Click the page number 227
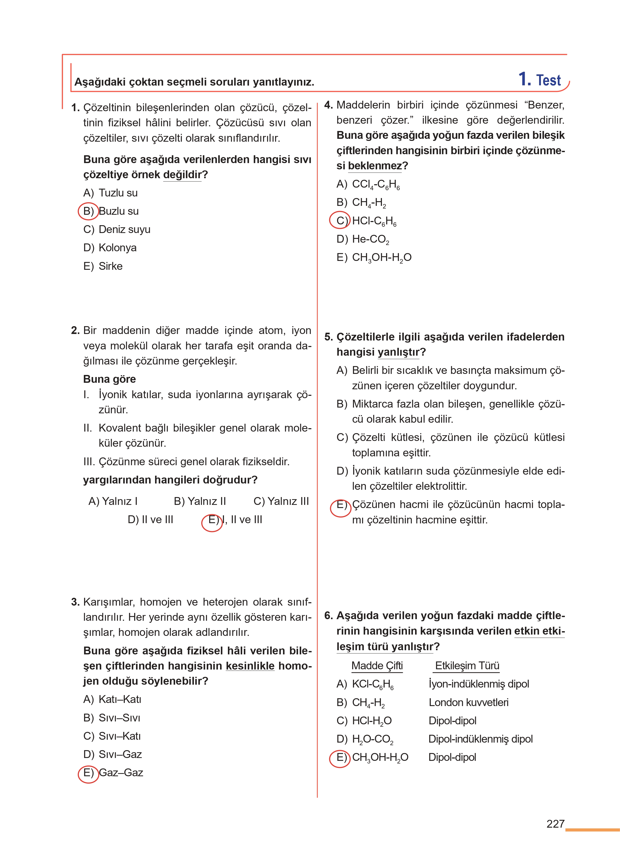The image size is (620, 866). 555,824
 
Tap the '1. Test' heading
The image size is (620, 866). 539,80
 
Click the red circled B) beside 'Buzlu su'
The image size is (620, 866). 88,211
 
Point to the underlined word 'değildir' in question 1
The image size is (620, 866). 182,175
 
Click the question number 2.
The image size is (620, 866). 75,330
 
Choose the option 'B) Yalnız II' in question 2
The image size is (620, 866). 200,501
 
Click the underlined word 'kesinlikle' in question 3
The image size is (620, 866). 250,666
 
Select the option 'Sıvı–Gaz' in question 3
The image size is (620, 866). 120,754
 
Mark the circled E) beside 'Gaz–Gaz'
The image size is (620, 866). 88,773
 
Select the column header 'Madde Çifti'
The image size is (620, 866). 377,666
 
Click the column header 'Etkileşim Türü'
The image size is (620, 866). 467,666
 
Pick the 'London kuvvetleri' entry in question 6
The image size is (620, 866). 468,702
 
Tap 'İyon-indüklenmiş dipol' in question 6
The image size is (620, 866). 479,684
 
